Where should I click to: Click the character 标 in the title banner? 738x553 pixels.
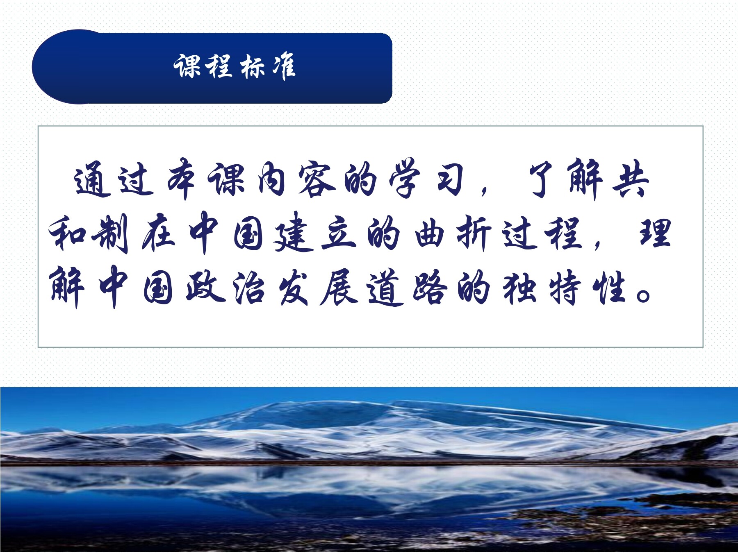tap(253, 67)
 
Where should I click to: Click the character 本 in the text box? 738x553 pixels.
tap(181, 180)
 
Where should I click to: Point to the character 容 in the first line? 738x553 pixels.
tap(316, 180)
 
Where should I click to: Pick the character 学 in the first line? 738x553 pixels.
tap(405, 180)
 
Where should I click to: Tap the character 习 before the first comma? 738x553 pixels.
tap(450, 180)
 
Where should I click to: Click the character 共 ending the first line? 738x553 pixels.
tap(630, 180)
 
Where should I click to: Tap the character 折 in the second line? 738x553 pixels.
tap(474, 233)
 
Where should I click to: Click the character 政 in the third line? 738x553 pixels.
tap(205, 287)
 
